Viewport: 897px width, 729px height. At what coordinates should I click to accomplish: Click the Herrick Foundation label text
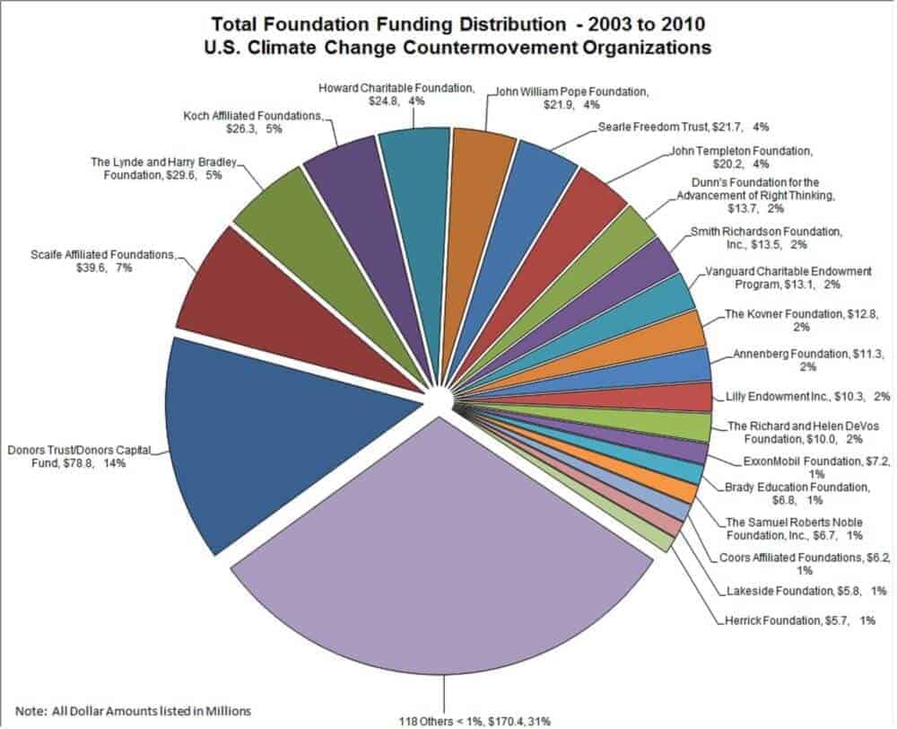(x=789, y=619)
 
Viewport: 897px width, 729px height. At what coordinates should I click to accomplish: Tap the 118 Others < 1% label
(x=475, y=720)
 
